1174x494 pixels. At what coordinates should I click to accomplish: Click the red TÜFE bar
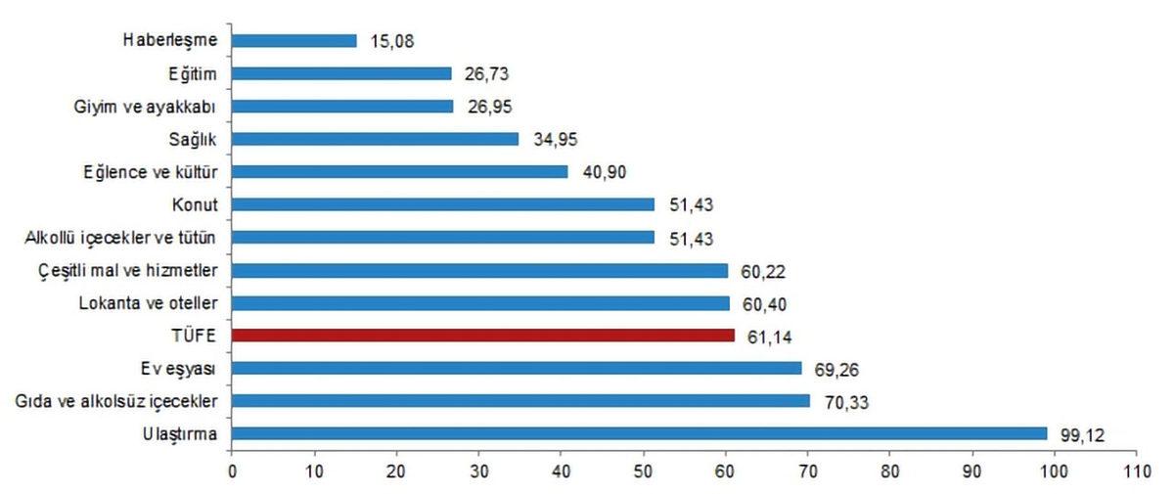[x=483, y=336]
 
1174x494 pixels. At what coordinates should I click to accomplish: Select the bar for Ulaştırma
[x=639, y=433]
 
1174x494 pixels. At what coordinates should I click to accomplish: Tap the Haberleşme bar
[x=294, y=41]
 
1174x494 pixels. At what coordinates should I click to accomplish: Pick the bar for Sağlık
[x=376, y=139]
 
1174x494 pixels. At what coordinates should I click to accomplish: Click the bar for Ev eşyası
[x=517, y=368]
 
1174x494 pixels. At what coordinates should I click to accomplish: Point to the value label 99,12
[x=1081, y=433]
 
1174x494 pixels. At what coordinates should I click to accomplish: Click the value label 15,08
[x=390, y=41]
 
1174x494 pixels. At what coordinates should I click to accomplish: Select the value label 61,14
[x=769, y=336]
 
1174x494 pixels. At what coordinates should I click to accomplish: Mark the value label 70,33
[x=844, y=401]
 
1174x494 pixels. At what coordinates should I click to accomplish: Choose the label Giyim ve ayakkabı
[x=151, y=106]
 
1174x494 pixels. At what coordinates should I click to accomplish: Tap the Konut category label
[x=196, y=204]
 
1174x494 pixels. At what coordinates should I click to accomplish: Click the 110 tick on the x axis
[x=1134, y=472]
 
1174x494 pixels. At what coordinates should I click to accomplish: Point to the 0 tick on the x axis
[x=232, y=472]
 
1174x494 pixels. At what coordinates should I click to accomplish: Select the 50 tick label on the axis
[x=643, y=472]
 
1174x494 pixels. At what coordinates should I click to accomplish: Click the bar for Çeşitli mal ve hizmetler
[x=479, y=270]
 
